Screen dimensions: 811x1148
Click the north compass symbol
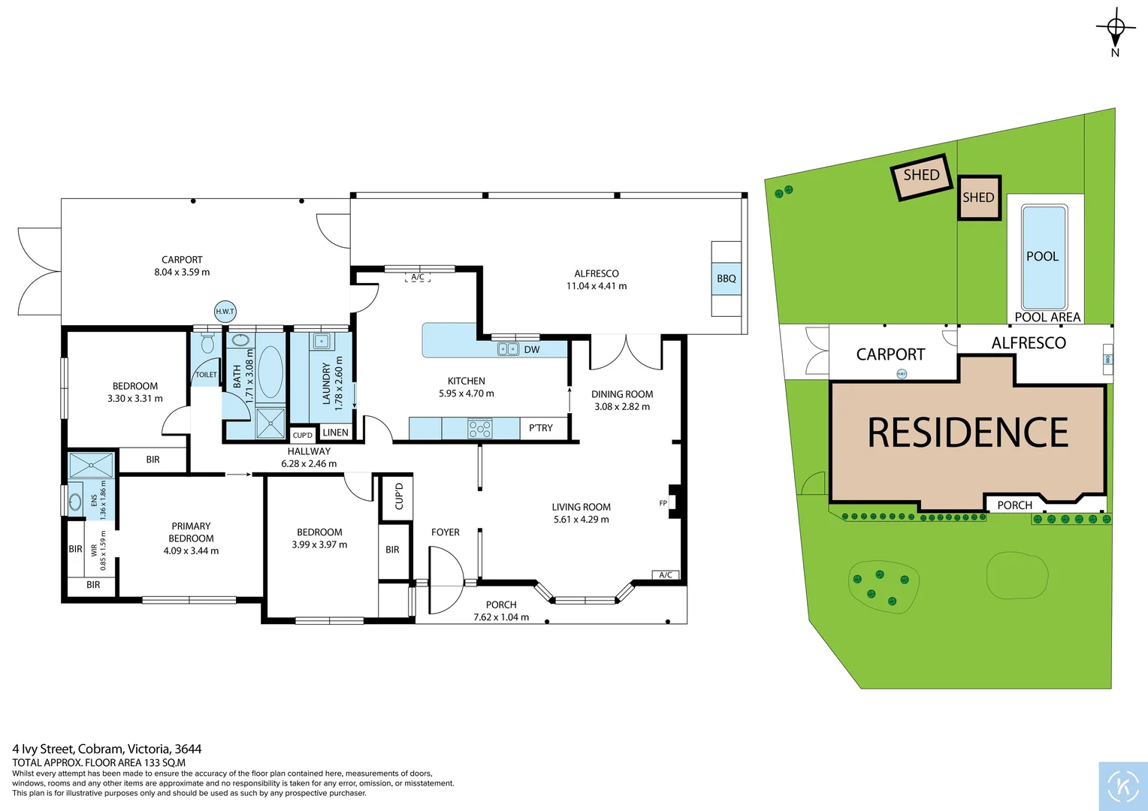(1116, 29)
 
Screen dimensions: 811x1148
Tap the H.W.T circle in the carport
(225, 311)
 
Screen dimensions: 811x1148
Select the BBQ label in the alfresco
(726, 279)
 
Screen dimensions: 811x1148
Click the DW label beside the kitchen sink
(531, 349)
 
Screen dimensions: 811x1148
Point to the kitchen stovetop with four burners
(480, 429)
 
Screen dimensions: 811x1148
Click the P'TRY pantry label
(540, 428)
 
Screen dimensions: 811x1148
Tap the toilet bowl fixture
(208, 344)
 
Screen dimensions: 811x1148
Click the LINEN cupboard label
(335, 433)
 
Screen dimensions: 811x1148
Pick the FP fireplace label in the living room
(663, 503)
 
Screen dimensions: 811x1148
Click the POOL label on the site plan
(1042, 256)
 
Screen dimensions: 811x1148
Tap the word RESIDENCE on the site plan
(968, 433)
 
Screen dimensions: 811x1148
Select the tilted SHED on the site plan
(921, 176)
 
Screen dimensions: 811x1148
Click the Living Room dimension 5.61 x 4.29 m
(581, 520)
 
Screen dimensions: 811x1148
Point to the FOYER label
(445, 532)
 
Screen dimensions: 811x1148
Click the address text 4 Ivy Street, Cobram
(107, 749)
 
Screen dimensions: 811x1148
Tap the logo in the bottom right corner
(1123, 786)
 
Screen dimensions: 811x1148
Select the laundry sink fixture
(322, 342)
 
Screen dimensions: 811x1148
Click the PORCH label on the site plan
(1014, 505)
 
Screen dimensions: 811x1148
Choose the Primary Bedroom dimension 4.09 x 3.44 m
(191, 551)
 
